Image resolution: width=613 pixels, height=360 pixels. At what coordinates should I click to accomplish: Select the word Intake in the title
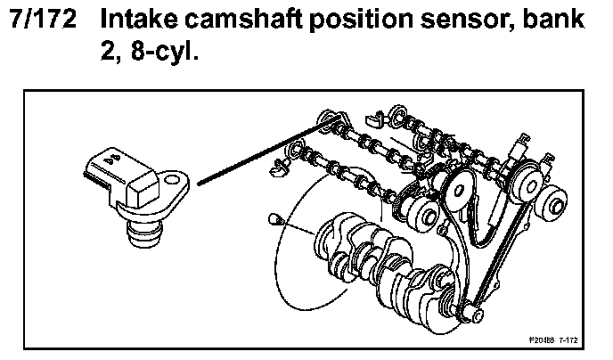pyautogui.click(x=141, y=19)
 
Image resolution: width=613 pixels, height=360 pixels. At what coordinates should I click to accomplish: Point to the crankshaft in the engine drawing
pyautogui.click(x=383, y=258)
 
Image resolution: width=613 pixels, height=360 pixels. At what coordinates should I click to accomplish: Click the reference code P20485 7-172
pyautogui.click(x=552, y=340)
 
